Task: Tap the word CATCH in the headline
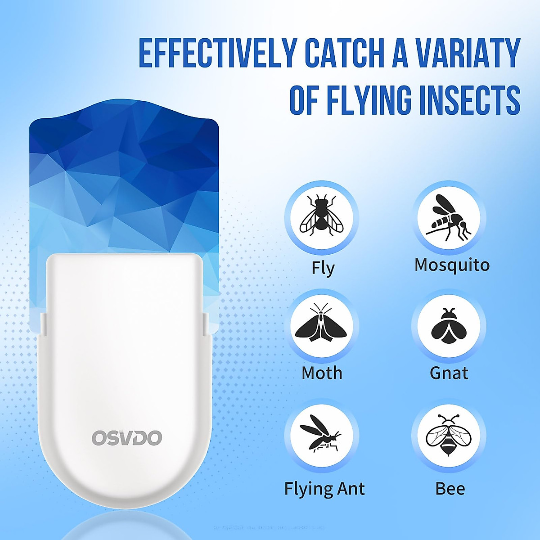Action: (344, 53)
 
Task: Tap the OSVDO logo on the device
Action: (126, 438)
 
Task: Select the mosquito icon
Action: (449, 217)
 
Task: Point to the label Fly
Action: (323, 269)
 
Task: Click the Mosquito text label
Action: (452, 265)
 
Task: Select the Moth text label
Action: (322, 373)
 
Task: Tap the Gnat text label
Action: (449, 373)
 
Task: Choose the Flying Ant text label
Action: (324, 489)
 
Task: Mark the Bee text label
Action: (450, 489)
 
